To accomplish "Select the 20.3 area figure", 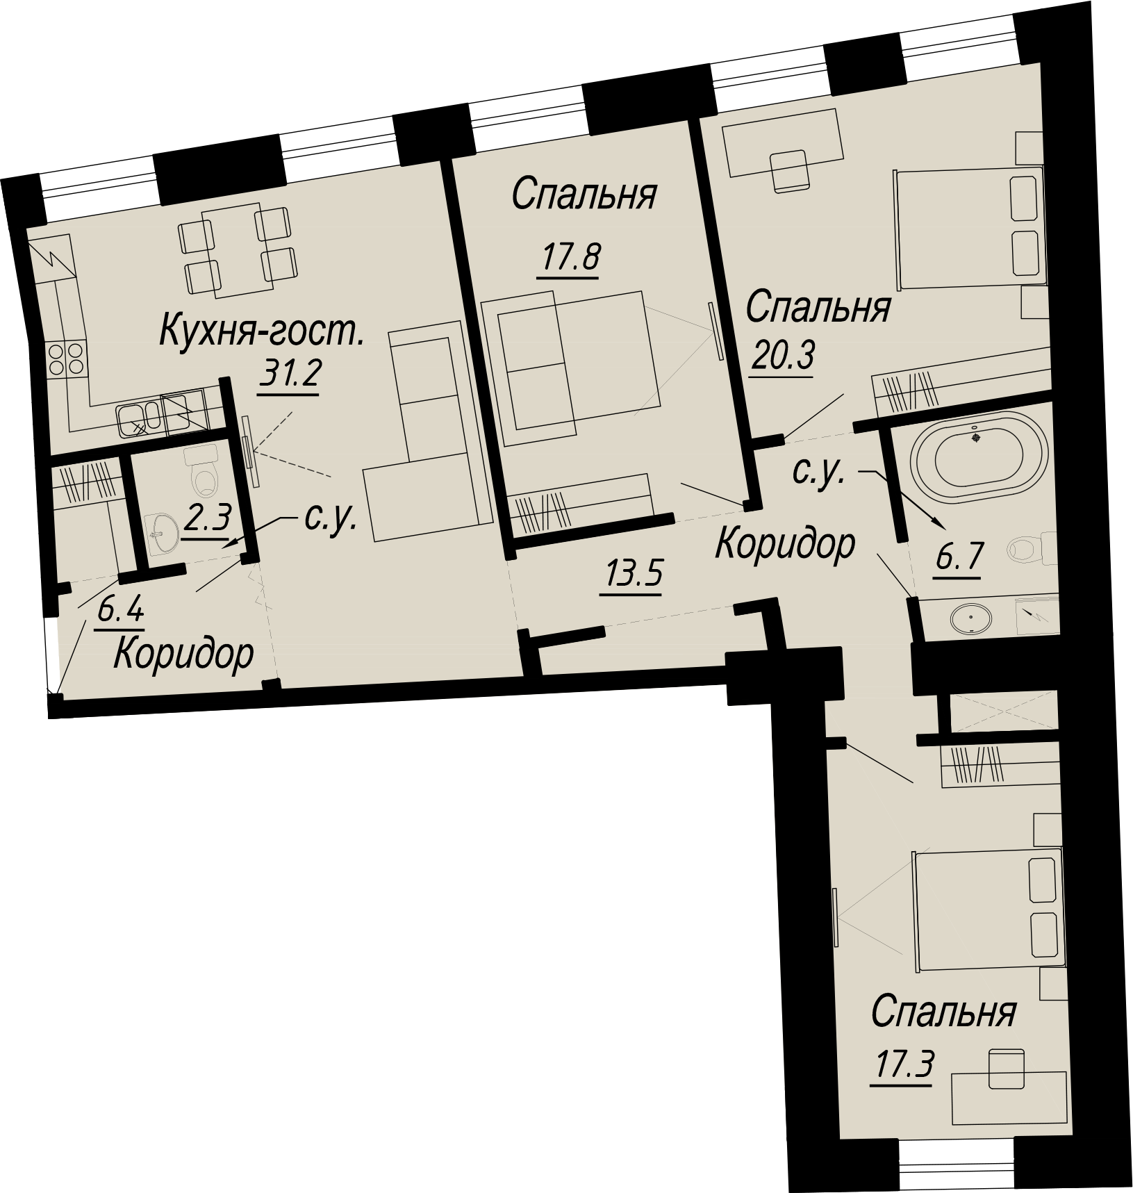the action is tap(782, 359).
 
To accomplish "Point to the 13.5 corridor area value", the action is tap(634, 576).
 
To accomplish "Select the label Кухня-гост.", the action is tap(262, 330).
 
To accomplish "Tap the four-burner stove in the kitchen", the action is tap(66, 359).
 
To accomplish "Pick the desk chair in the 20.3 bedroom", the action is tap(791, 171).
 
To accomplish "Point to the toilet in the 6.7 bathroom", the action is tap(1033, 549).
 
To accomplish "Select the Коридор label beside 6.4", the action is tap(183, 654).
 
